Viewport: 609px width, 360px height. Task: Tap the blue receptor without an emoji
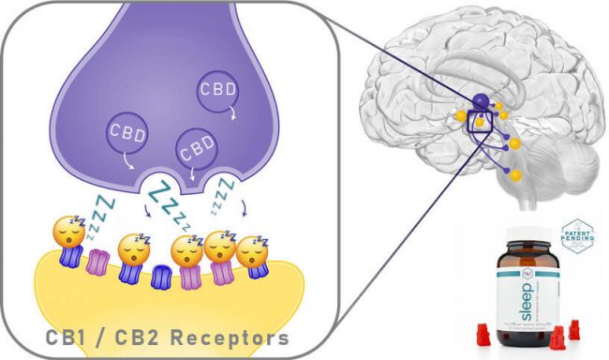tap(160, 278)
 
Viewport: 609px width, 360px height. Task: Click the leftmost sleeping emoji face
tap(68, 232)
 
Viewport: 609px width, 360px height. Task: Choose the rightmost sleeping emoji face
tap(251, 251)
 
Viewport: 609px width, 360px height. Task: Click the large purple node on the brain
tap(480, 100)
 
